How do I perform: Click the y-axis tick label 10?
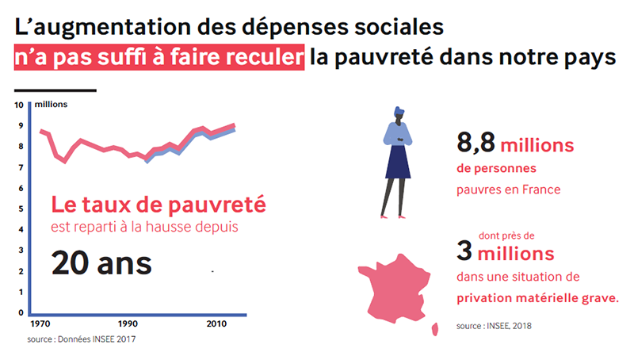click(x=20, y=105)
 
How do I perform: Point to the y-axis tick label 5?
click(x=22, y=209)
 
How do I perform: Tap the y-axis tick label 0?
click(x=22, y=312)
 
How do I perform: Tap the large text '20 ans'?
click(x=101, y=262)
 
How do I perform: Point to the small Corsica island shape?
click(x=435, y=328)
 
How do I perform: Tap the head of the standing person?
click(x=397, y=114)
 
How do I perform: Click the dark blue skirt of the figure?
click(x=397, y=162)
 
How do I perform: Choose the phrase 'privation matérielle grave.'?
click(x=538, y=300)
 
